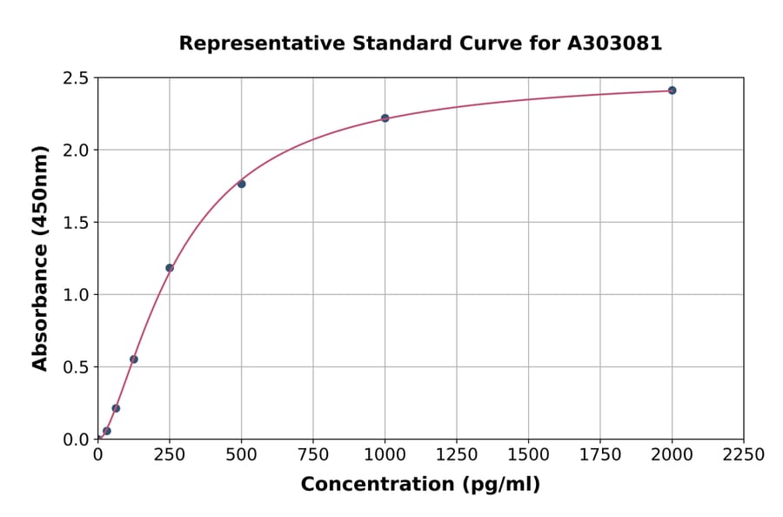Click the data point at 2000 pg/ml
point(672,91)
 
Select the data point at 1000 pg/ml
point(385,118)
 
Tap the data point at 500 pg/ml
point(241,184)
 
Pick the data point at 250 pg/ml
point(170,268)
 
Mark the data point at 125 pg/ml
point(134,359)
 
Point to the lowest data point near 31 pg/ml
point(107,431)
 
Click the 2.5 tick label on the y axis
point(76,78)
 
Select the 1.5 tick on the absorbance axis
point(76,223)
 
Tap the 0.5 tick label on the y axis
point(76,367)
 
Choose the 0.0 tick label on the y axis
point(76,440)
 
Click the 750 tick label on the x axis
point(313,455)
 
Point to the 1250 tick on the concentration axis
point(457,455)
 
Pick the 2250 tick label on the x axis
point(744,455)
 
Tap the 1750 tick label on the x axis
point(600,455)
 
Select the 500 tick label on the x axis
point(241,455)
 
